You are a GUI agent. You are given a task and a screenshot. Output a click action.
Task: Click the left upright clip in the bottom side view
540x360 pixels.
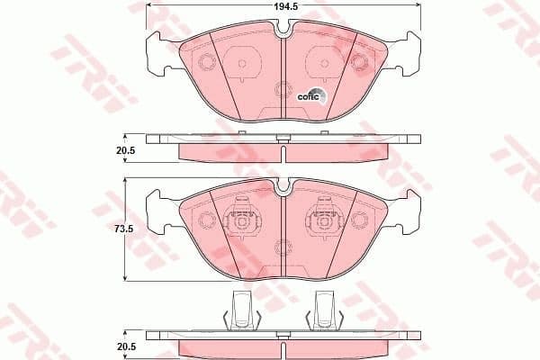(x=241, y=310)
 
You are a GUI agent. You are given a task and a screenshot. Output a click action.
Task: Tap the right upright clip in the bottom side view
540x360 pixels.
(x=325, y=310)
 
